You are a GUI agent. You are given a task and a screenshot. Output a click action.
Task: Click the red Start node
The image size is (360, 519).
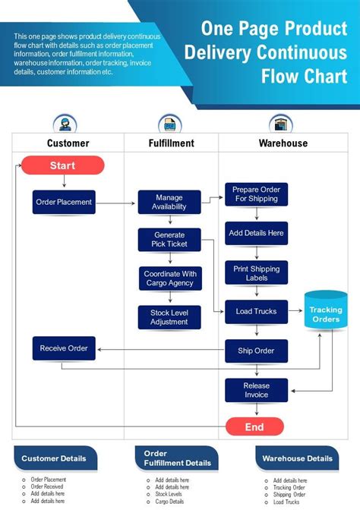point(62,165)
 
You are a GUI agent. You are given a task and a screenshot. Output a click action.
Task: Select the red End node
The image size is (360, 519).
point(254,427)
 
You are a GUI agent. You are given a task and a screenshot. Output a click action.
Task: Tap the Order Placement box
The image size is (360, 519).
point(64,202)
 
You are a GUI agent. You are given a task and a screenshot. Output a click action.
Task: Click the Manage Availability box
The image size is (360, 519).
point(169,202)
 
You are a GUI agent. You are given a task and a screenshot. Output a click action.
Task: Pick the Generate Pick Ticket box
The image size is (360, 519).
point(169,240)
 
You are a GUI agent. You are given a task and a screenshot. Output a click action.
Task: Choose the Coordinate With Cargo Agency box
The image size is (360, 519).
point(169,278)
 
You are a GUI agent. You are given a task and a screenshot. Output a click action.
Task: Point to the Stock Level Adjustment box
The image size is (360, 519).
point(169,317)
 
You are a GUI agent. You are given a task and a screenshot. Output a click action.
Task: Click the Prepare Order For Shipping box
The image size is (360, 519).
point(256,194)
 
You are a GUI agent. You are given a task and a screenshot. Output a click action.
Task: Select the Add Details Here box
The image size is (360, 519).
point(256,233)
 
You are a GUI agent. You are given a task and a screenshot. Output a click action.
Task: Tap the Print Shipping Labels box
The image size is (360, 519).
point(256,273)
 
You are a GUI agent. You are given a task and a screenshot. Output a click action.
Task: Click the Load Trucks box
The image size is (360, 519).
point(256,311)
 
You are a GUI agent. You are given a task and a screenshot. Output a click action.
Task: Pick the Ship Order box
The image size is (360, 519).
point(256,351)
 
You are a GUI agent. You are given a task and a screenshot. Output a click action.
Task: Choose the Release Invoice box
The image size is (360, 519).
point(256,390)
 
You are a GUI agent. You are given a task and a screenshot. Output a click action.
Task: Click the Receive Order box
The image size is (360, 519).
point(64,349)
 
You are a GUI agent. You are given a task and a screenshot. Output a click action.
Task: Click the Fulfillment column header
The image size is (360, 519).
point(171,143)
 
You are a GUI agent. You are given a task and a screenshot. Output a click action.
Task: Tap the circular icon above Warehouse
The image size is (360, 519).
point(280,123)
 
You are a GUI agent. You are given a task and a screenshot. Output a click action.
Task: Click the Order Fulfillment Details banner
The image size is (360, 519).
point(177,458)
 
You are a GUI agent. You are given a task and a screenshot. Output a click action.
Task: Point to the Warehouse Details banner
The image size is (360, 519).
point(297,458)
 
